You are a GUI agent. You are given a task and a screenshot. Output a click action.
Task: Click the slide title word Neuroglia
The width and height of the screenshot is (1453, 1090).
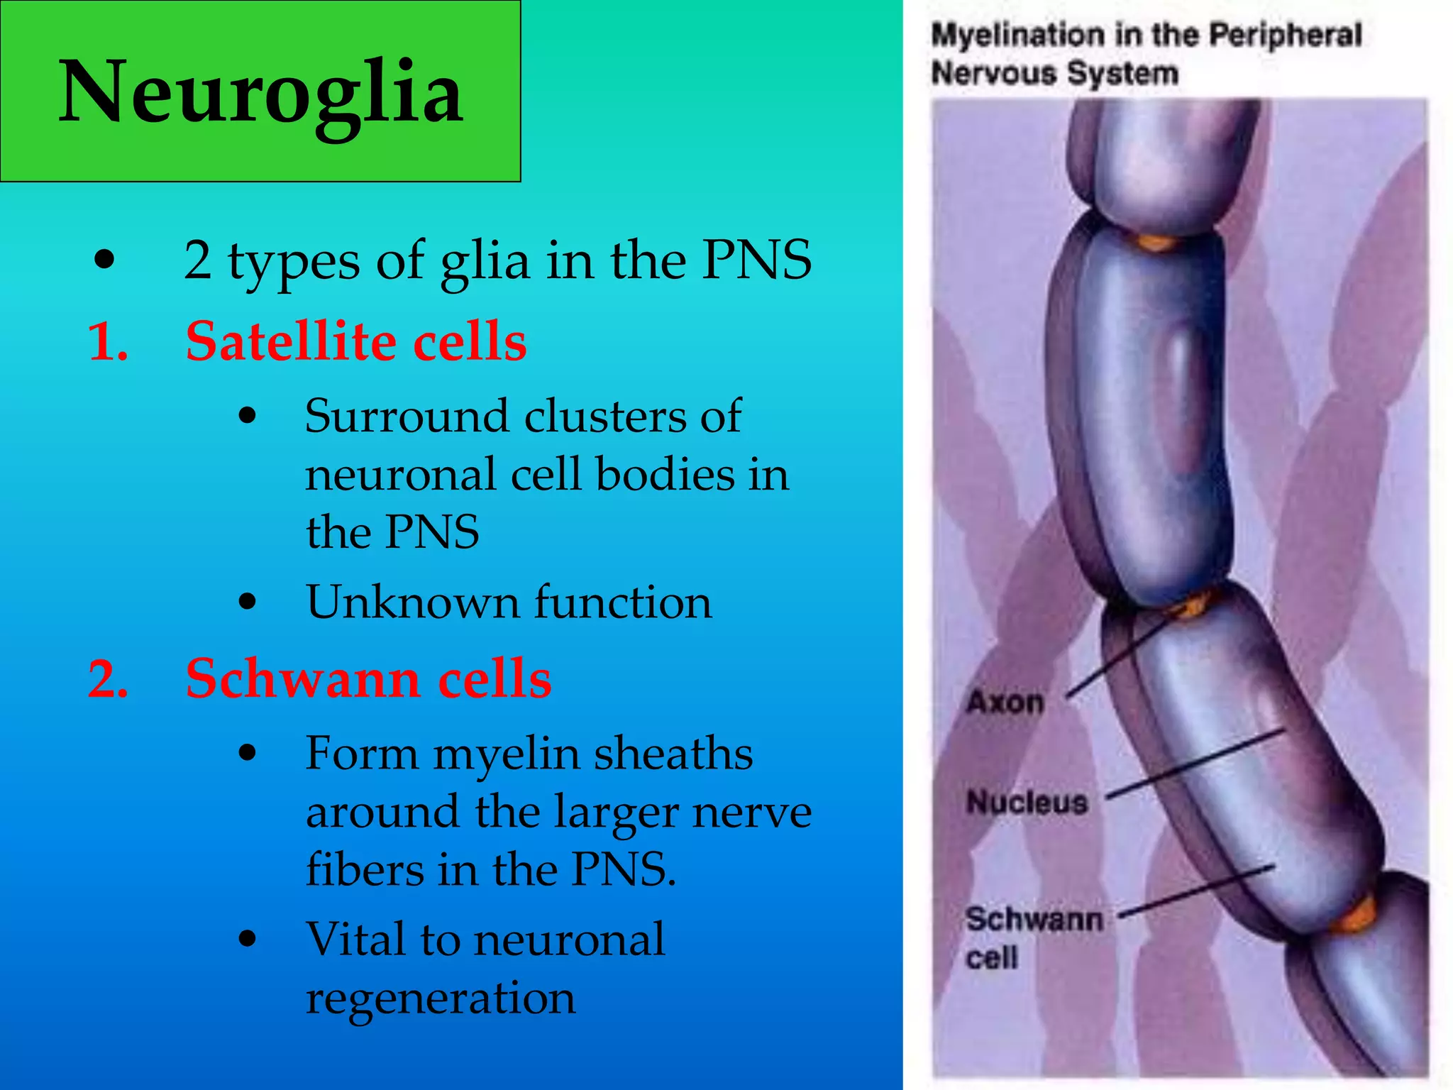pos(261,92)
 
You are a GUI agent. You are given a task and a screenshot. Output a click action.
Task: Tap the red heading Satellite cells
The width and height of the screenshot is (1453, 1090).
pos(355,341)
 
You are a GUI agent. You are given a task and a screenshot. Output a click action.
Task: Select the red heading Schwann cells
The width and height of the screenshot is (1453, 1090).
pos(368,678)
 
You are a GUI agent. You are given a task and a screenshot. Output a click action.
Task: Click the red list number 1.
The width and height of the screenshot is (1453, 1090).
pos(108,343)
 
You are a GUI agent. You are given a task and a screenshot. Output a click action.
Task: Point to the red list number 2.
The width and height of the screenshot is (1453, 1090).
pos(108,680)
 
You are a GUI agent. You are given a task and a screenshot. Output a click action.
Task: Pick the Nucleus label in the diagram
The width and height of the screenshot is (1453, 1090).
pos(1027,803)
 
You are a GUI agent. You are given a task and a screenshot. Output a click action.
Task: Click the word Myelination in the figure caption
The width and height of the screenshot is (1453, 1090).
pos(1019,35)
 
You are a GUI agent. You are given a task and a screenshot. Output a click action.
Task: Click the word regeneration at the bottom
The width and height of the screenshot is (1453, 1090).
pos(441,998)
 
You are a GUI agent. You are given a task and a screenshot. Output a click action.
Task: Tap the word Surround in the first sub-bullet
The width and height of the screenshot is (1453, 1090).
pos(407,416)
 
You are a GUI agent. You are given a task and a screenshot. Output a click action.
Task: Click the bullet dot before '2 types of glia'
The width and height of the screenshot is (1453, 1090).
pos(104,260)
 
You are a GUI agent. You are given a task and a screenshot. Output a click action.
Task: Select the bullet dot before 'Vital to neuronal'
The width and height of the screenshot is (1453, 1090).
pos(247,940)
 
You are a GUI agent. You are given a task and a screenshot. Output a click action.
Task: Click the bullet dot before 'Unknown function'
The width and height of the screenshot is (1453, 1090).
pos(247,602)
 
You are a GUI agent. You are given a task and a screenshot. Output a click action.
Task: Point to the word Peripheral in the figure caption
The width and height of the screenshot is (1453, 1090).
pos(1285,35)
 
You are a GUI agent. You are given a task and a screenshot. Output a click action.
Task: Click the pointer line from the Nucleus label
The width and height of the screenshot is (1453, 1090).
pos(1195,764)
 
